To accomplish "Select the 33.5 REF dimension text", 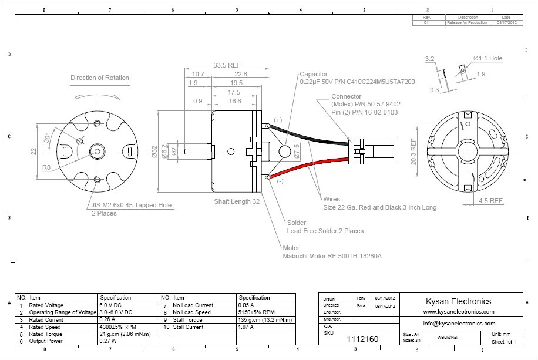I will pyautogui.click(x=227, y=65).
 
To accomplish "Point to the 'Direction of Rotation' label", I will pyautogui.click(x=100, y=78).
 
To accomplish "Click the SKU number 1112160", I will pyautogui.click(x=362, y=339).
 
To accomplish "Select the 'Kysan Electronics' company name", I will pyautogui.click(x=458, y=301).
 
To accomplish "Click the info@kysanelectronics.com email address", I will pyautogui.click(x=459, y=323).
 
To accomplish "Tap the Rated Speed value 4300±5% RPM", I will pyautogui.click(x=118, y=327).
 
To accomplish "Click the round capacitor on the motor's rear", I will pyautogui.click(x=285, y=152).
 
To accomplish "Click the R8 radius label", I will pyautogui.click(x=46, y=167).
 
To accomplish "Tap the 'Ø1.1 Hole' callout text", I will pyautogui.click(x=488, y=59).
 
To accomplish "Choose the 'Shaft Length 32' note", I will pyautogui.click(x=237, y=201).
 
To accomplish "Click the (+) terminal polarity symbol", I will pyautogui.click(x=277, y=120).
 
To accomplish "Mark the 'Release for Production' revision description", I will pyautogui.click(x=468, y=22).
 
